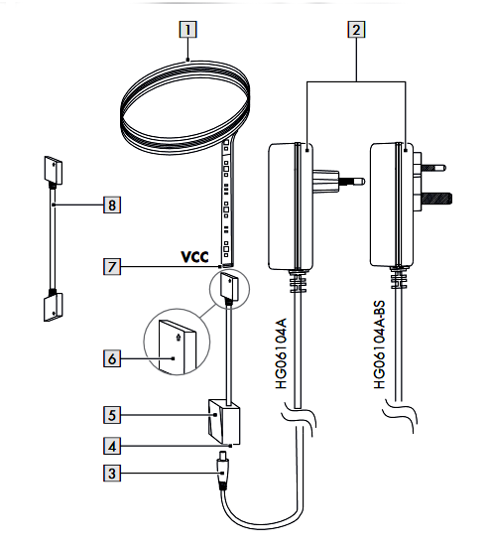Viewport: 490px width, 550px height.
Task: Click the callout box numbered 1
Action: point(187,30)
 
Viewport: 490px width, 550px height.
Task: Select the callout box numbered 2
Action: point(356,30)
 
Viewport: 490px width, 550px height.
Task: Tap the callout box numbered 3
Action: point(112,473)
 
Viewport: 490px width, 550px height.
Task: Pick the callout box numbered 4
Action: point(112,446)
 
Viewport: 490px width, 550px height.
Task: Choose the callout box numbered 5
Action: point(112,415)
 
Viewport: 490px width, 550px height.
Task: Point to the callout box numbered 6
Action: point(112,358)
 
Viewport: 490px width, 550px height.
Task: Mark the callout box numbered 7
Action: point(112,266)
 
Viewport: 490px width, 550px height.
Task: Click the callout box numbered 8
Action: point(112,205)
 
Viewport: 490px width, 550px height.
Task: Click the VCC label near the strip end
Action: point(194,257)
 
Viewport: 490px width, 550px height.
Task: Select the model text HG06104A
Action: point(281,353)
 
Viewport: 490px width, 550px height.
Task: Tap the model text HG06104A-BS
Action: point(379,344)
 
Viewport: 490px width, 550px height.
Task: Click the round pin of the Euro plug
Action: point(351,182)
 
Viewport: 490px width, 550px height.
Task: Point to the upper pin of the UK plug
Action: point(434,168)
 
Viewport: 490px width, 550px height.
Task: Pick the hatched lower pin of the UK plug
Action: point(438,199)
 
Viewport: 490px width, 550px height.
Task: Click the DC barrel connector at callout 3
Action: point(222,472)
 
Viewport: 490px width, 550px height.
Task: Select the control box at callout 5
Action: point(224,422)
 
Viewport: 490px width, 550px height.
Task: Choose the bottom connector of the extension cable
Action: point(54,307)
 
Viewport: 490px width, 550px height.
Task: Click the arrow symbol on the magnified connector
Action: point(179,338)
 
